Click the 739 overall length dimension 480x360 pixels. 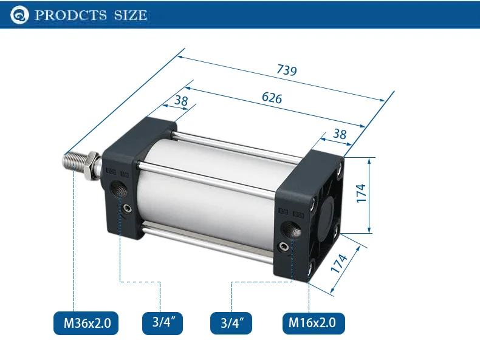[287, 70]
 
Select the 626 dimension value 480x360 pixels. [272, 98]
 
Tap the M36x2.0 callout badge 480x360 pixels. [86, 323]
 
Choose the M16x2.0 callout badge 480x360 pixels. [314, 323]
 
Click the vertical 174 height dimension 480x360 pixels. [362, 193]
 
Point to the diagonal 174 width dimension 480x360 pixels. [339, 263]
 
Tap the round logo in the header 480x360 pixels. [19, 15]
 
